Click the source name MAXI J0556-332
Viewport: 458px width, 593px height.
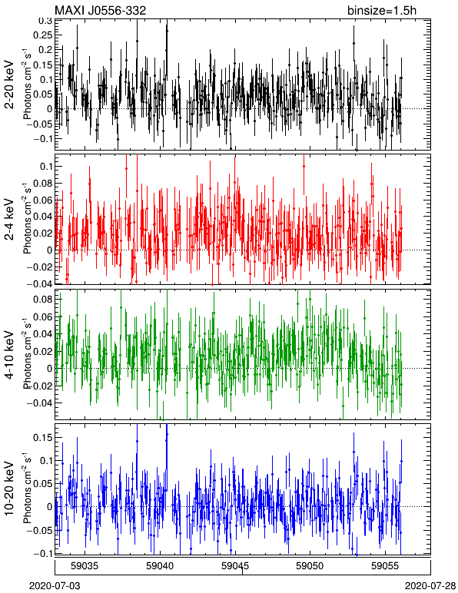(x=100, y=10)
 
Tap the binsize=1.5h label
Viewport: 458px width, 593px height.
(x=382, y=10)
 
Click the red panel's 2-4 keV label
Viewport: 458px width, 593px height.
(x=9, y=220)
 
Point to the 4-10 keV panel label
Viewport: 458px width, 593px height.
(x=9, y=355)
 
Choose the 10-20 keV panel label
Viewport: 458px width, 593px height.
(x=9, y=489)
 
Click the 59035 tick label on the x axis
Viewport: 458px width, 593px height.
(x=85, y=566)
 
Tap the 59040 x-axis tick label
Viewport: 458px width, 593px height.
(x=161, y=566)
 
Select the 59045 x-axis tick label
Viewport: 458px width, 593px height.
(x=235, y=566)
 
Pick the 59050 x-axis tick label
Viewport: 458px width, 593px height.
(x=310, y=566)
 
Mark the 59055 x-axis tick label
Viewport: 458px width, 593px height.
(x=386, y=566)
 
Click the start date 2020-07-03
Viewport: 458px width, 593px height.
(x=55, y=586)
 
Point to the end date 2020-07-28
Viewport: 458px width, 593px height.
(x=430, y=586)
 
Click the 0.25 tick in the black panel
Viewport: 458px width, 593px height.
(x=43, y=35)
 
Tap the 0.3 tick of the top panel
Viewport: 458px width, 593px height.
(x=45, y=21)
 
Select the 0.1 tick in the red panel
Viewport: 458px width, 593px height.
(x=45, y=167)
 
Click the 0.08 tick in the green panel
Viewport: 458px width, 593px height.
(x=43, y=300)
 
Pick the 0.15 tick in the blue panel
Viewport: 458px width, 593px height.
(x=43, y=438)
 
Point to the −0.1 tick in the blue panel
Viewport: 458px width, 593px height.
(x=42, y=553)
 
